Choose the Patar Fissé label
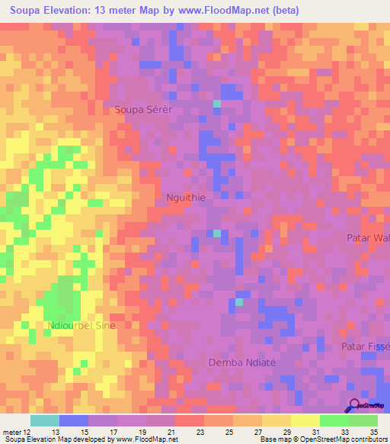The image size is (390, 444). pyautogui.click(x=366, y=346)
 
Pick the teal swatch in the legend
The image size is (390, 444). pyautogui.click(x=45, y=420)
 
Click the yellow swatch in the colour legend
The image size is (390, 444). pyautogui.click(x=305, y=420)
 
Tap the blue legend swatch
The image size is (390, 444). pyautogui.click(x=74, y=420)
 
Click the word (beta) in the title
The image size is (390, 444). pyautogui.click(x=280, y=11)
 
